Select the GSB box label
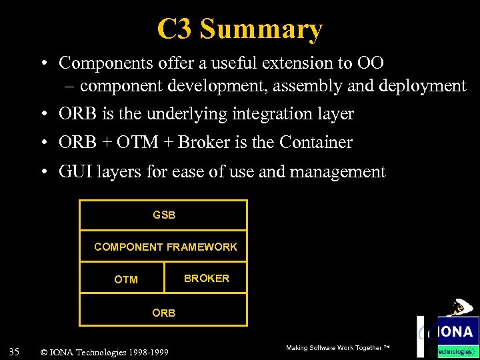(164, 215)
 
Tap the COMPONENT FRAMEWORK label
(165, 247)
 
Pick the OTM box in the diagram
(125, 279)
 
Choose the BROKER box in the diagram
(206, 278)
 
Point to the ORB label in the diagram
(164, 313)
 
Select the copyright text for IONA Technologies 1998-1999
(104, 352)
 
